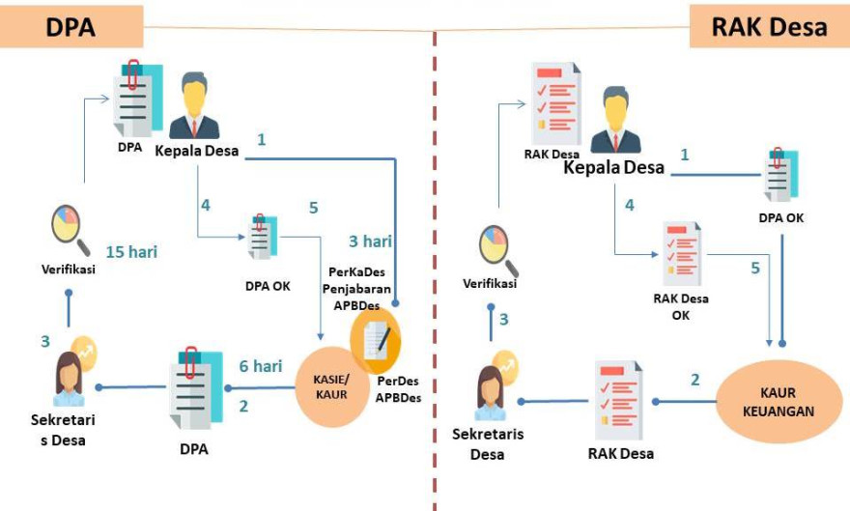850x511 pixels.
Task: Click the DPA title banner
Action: click(x=71, y=26)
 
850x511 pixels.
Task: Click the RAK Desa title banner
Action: click(x=769, y=26)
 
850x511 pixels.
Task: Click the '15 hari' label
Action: click(x=131, y=252)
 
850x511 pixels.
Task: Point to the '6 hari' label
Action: click(x=260, y=366)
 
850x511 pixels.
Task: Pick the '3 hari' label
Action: click(x=370, y=241)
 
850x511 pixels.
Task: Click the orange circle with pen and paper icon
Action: click(x=377, y=341)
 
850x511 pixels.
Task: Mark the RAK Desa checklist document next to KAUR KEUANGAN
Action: click(x=617, y=396)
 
